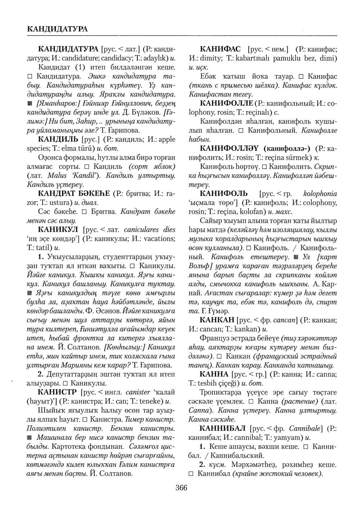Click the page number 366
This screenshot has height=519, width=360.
point(181,488)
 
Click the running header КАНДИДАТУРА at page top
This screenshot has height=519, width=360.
point(57,28)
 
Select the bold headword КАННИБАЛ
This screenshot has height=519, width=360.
point(223,428)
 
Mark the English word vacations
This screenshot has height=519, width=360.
point(161,238)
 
